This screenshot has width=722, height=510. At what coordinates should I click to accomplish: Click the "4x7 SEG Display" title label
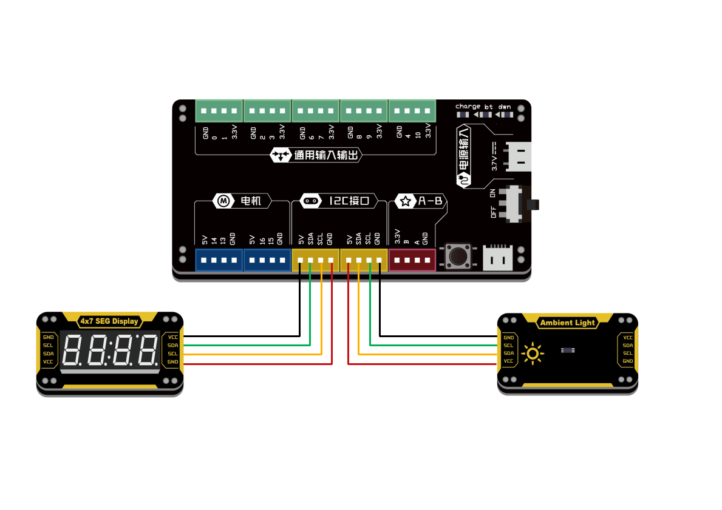coord(109,321)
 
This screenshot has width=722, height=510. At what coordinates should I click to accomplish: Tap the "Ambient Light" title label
coord(567,323)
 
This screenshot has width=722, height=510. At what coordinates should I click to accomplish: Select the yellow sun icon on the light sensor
coord(533,354)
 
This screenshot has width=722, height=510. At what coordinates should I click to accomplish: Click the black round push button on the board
coord(458,256)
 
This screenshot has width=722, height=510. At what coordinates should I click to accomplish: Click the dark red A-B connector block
coord(412,260)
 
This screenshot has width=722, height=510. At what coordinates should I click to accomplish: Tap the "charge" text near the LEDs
coord(468,107)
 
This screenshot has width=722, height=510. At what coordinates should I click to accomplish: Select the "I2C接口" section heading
coord(349,201)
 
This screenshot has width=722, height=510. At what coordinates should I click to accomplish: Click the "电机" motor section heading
coord(251,201)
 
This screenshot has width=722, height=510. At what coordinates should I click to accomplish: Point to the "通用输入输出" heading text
coord(326,155)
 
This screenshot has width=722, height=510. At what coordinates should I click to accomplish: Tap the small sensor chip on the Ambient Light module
coord(568,351)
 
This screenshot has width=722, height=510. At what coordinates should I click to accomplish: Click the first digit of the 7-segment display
coord(73,349)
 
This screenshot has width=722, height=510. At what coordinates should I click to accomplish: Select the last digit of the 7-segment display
coord(148,349)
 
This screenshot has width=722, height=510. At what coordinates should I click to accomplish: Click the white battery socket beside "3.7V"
coord(519,156)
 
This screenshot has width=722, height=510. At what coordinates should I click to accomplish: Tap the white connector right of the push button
coord(498,258)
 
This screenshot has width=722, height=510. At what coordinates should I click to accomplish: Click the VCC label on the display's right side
coord(172,337)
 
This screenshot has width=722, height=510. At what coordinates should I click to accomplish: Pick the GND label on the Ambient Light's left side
coord(508,338)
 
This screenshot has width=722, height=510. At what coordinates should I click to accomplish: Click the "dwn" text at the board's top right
coord(505,107)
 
